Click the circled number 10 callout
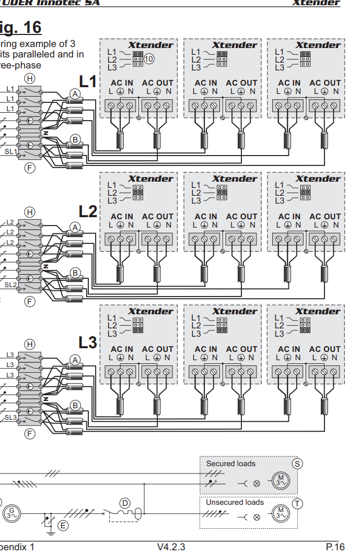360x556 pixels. pyautogui.click(x=149, y=59)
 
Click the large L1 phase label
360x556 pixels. pyautogui.click(x=88, y=81)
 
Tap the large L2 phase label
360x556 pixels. pyautogui.click(x=88, y=211)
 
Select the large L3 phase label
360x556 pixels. pyautogui.click(x=88, y=342)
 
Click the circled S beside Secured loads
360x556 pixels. pyautogui.click(x=297, y=463)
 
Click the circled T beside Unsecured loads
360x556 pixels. pyautogui.click(x=297, y=503)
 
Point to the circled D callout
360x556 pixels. pyautogui.click(x=124, y=503)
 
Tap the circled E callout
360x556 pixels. pyautogui.click(x=63, y=525)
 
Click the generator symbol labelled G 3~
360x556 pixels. pyautogui.click(x=11, y=513)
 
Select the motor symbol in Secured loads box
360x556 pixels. pyautogui.click(x=281, y=481)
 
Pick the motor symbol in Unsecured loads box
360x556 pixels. pyautogui.click(x=281, y=513)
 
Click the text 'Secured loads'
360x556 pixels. pyautogui.click(x=230, y=464)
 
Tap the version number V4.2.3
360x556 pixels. pyautogui.click(x=171, y=547)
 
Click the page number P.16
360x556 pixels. pyautogui.click(x=335, y=547)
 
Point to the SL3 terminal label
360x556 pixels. pyautogui.click(x=11, y=418)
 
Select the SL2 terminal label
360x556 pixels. pyautogui.click(x=11, y=285)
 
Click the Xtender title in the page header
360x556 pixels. pyautogui.click(x=316, y=3)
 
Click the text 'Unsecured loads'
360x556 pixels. pyautogui.click(x=235, y=502)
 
